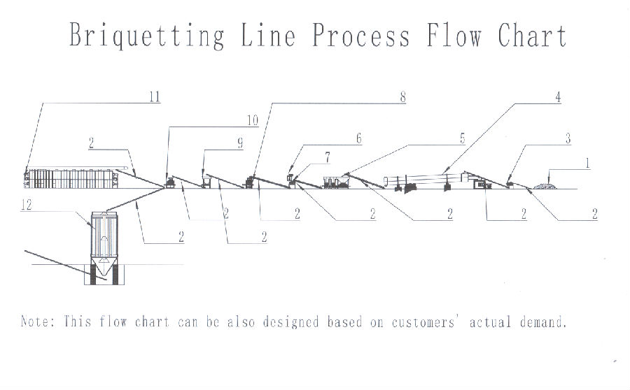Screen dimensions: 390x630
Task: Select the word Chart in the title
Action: click(x=532, y=34)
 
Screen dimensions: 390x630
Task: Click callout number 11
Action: click(x=153, y=97)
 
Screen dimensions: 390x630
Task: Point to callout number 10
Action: click(x=251, y=121)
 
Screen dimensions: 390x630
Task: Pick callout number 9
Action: click(x=239, y=143)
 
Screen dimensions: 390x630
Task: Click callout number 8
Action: click(x=402, y=97)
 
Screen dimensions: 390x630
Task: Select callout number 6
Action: click(x=359, y=139)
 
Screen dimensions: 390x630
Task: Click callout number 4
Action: click(x=558, y=97)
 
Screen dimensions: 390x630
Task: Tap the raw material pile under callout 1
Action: click(x=544, y=185)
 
